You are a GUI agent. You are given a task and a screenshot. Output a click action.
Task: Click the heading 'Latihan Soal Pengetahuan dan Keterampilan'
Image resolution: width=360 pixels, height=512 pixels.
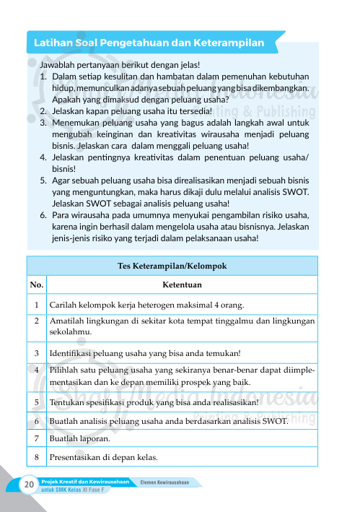coord(149,43)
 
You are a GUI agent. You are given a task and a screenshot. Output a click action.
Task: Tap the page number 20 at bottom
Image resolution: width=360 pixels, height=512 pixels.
coord(30,483)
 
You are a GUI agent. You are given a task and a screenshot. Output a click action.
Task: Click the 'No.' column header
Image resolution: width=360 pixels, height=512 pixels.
coord(36,285)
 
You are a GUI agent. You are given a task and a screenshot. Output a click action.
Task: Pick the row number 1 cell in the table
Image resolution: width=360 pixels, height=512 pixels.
coord(36,305)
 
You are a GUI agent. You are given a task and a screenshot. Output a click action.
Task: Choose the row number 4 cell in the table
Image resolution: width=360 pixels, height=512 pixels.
coord(36,370)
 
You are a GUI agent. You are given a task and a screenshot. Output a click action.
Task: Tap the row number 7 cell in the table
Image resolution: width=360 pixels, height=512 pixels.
coord(36,438)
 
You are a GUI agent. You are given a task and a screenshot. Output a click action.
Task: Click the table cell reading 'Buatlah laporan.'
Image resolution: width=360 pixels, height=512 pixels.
coord(80,438)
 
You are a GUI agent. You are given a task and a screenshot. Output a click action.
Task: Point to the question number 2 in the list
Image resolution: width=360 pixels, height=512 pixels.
coord(43,110)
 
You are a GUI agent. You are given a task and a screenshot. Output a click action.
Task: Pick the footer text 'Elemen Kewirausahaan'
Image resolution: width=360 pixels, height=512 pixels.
coord(164,482)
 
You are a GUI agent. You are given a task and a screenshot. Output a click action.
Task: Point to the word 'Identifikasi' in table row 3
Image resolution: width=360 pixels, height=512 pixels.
coord(74,353)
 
